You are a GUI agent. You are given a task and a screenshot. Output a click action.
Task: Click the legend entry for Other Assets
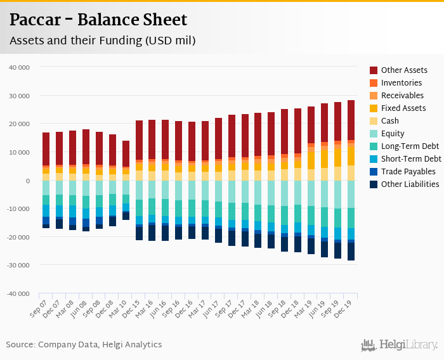tap(403, 70)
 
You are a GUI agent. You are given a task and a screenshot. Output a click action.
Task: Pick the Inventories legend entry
tap(402, 83)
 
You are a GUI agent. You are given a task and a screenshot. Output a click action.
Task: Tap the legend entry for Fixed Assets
tap(403, 108)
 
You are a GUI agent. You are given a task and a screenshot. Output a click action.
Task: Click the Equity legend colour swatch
tap(374, 134)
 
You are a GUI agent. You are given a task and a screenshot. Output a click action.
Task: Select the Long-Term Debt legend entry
tap(410, 146)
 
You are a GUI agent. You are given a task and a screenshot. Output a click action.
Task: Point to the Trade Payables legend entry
tap(408, 172)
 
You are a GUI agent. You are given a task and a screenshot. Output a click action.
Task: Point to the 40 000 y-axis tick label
tap(19, 67)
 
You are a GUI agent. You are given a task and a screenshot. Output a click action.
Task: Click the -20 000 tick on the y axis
tap(18, 237)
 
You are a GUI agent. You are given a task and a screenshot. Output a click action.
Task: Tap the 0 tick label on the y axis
tap(27, 181)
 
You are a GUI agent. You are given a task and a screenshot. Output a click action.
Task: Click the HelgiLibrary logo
tap(400, 345)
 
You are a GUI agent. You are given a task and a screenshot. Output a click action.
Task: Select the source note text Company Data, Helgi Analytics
tap(100, 345)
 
